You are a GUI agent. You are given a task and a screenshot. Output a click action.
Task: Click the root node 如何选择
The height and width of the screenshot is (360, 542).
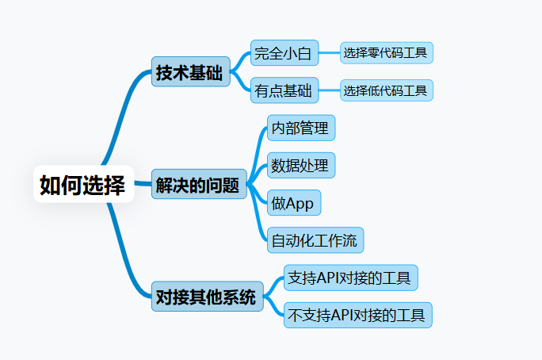click(82, 184)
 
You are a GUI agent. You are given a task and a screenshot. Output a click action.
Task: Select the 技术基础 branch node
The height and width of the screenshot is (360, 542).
click(189, 73)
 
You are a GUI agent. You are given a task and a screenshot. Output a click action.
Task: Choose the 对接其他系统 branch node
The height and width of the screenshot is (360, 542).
click(206, 297)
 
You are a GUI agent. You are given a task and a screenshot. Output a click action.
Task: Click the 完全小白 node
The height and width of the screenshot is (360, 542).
click(284, 54)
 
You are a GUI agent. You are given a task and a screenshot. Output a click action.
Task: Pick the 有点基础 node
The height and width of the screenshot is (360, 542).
click(284, 90)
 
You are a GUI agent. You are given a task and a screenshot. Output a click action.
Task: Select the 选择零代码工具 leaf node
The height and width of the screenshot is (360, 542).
click(387, 54)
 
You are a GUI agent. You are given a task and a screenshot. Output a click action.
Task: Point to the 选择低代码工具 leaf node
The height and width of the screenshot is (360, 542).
click(387, 90)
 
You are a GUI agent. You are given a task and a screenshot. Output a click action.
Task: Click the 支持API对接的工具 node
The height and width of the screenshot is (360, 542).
click(349, 278)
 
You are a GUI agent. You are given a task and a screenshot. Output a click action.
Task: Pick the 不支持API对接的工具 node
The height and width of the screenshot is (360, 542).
click(358, 315)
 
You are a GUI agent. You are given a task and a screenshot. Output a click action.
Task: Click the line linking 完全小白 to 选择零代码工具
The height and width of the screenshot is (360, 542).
click(329, 54)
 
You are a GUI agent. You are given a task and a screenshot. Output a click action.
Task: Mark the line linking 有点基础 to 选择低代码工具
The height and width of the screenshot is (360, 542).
click(329, 90)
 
